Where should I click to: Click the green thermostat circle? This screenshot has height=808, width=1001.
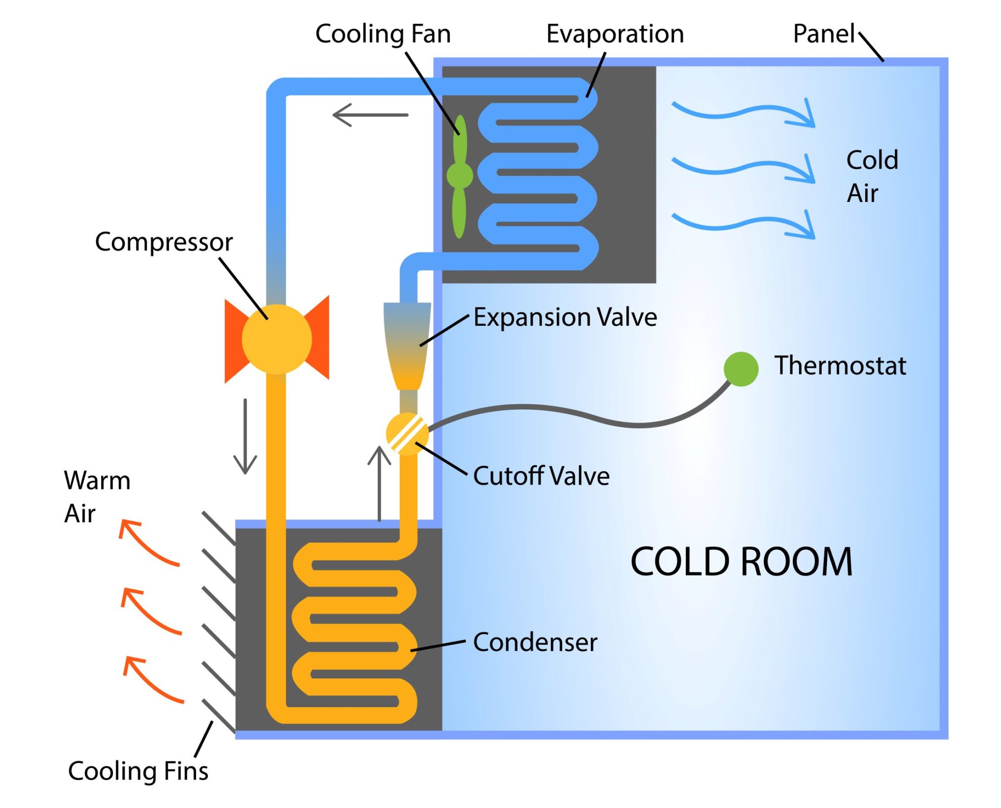(x=741, y=369)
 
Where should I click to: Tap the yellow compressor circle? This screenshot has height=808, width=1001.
(x=277, y=339)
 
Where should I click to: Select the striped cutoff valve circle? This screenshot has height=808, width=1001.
(x=407, y=434)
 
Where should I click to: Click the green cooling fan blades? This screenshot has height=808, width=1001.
(x=459, y=176)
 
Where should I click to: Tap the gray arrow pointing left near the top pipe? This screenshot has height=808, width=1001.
(x=370, y=115)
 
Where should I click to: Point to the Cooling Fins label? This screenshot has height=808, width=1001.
(x=138, y=771)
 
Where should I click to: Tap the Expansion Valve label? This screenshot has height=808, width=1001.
(x=565, y=317)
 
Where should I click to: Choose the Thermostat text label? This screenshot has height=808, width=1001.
(x=840, y=365)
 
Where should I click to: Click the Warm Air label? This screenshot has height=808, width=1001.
(x=97, y=496)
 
